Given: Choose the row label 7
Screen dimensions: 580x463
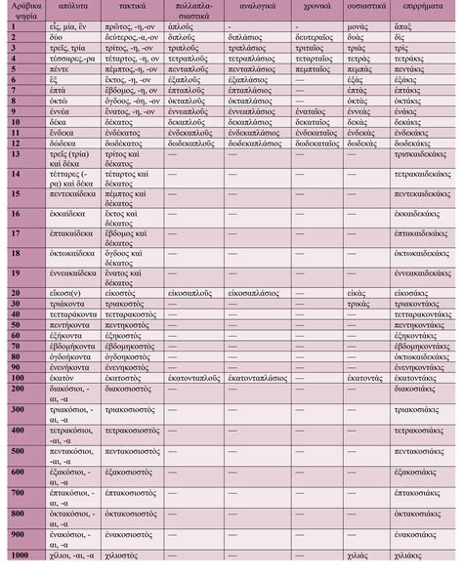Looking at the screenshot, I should pos(14,116).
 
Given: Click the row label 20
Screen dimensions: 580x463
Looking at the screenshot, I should pos(16,292).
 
